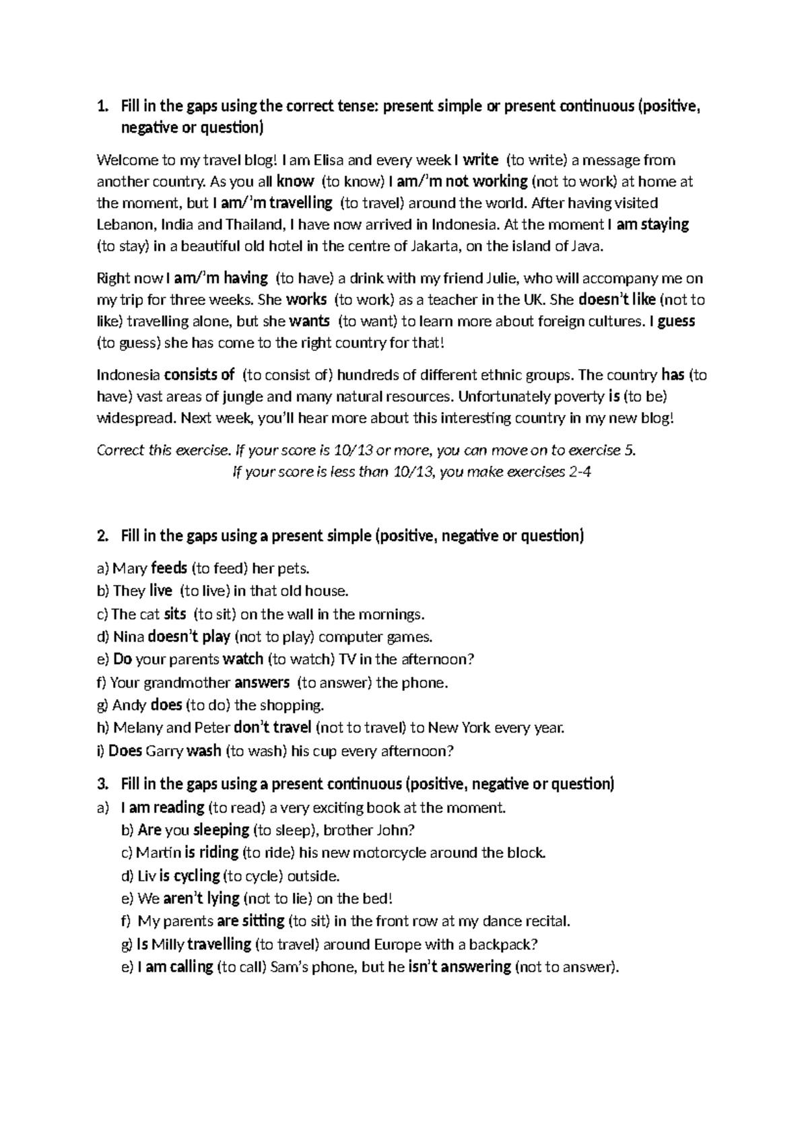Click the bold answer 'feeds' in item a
[169, 568]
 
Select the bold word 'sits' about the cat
[174, 614]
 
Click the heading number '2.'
[102, 536]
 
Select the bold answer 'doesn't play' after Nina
[189, 636]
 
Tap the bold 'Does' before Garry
[125, 751]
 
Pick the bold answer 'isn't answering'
[460, 967]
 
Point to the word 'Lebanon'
[127, 224]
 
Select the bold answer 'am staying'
[652, 224]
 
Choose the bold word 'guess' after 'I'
[676, 321]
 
